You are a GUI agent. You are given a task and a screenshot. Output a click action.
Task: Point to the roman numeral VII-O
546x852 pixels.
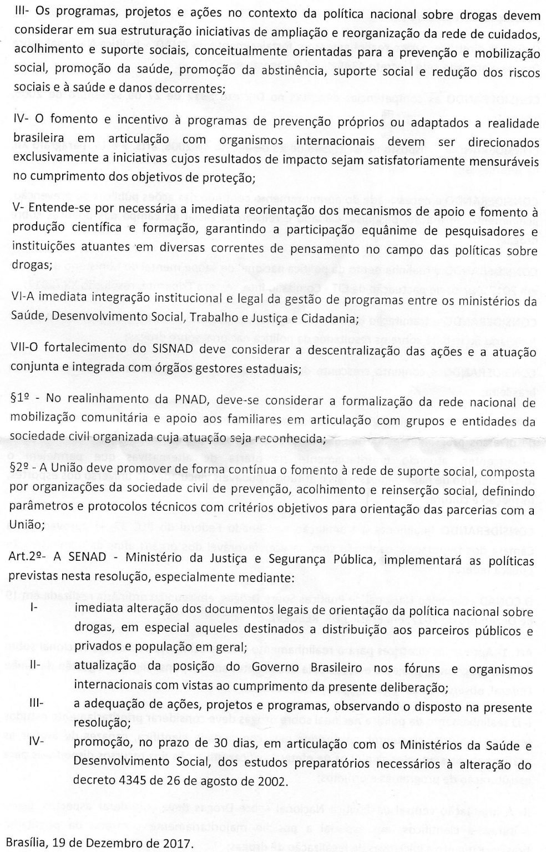[24, 352]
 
